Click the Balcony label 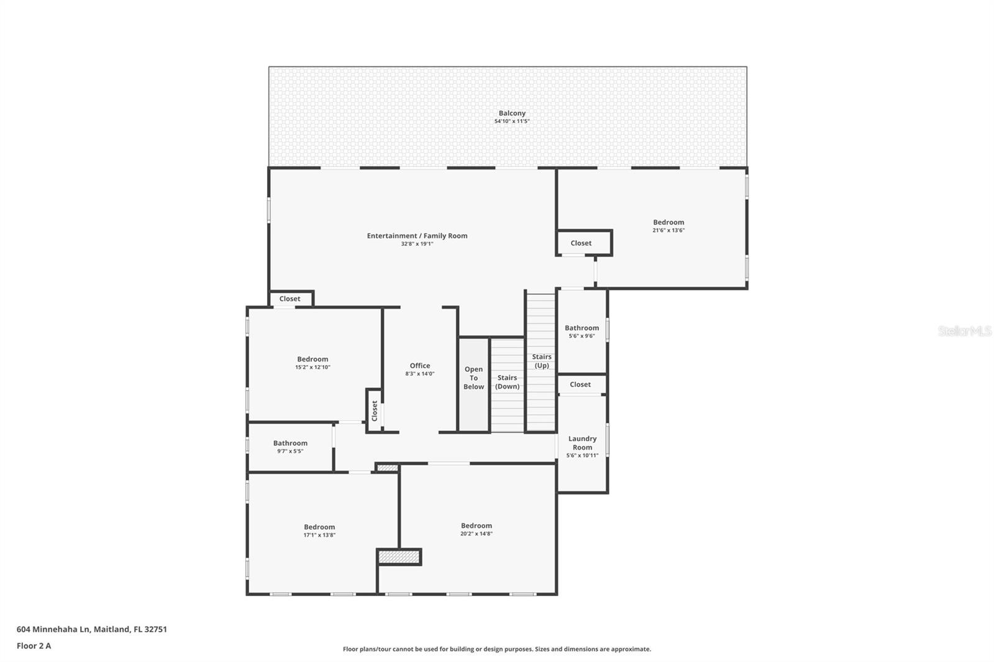pos(512,113)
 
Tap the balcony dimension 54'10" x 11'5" pos(512,122)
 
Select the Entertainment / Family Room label pos(417,235)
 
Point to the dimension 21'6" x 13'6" pos(668,230)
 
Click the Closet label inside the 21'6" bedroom pos(581,243)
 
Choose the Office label pos(420,366)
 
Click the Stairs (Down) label pos(507,382)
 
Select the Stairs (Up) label pos(542,361)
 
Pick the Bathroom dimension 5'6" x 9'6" pos(581,336)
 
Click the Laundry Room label pos(582,443)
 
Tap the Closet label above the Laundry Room pos(580,384)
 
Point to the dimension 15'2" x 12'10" pos(312,367)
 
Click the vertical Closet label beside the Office pos(374,410)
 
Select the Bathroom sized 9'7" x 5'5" pos(290,443)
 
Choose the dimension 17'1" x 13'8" pos(319,535)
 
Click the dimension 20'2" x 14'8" pos(476,533)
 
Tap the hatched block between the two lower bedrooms pos(399,557)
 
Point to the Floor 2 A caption pos(34,646)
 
